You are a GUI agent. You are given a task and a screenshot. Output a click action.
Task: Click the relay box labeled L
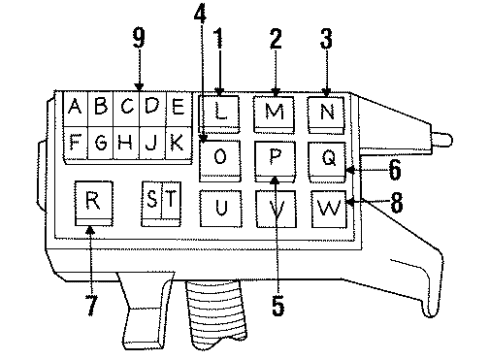pos(221,113)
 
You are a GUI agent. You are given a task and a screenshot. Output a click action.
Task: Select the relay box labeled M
pos(273,113)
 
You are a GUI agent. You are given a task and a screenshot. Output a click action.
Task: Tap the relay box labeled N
pos(325,112)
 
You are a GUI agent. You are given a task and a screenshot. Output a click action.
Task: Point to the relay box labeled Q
pos(327,158)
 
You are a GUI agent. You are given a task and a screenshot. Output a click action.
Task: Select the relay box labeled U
pos(221,207)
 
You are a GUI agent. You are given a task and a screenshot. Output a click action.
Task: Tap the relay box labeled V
pos(273,209)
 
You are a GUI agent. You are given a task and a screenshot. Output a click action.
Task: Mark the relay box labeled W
pos(327,209)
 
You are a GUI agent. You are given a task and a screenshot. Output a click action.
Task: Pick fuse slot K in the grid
pos(175,143)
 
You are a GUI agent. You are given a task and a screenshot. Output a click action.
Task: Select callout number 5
pos(277,298)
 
